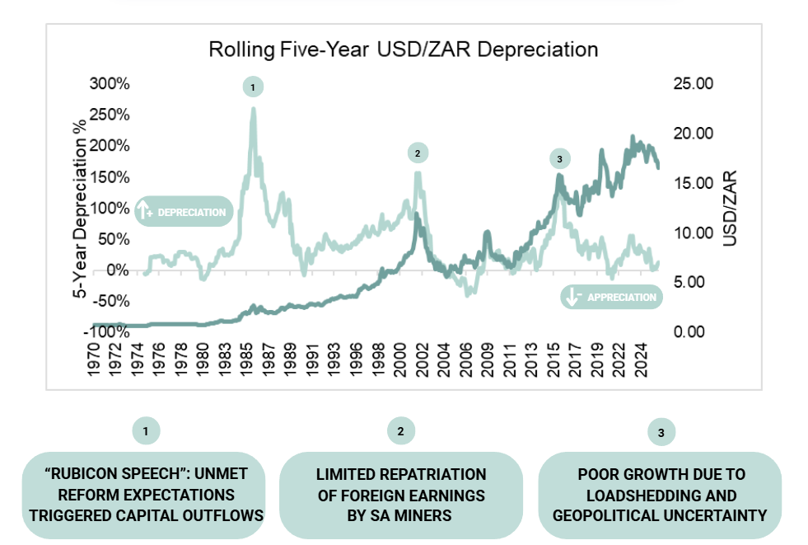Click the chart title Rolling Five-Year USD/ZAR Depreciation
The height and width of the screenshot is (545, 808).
tap(403, 49)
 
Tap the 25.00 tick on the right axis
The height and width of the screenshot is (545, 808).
tap(694, 84)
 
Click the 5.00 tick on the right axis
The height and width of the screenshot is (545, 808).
tap(694, 282)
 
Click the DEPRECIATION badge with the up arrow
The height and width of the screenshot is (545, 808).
tap(184, 212)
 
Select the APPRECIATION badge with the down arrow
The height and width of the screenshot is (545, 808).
tap(611, 297)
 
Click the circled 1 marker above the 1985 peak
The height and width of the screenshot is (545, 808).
tap(253, 87)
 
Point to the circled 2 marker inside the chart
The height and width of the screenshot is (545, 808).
tap(418, 153)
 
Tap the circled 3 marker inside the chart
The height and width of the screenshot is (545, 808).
tap(558, 158)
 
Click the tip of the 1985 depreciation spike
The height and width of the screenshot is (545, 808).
tap(253, 109)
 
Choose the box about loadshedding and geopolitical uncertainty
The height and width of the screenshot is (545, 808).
tap(660, 495)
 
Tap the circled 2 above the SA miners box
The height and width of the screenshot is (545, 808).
tap(400, 430)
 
